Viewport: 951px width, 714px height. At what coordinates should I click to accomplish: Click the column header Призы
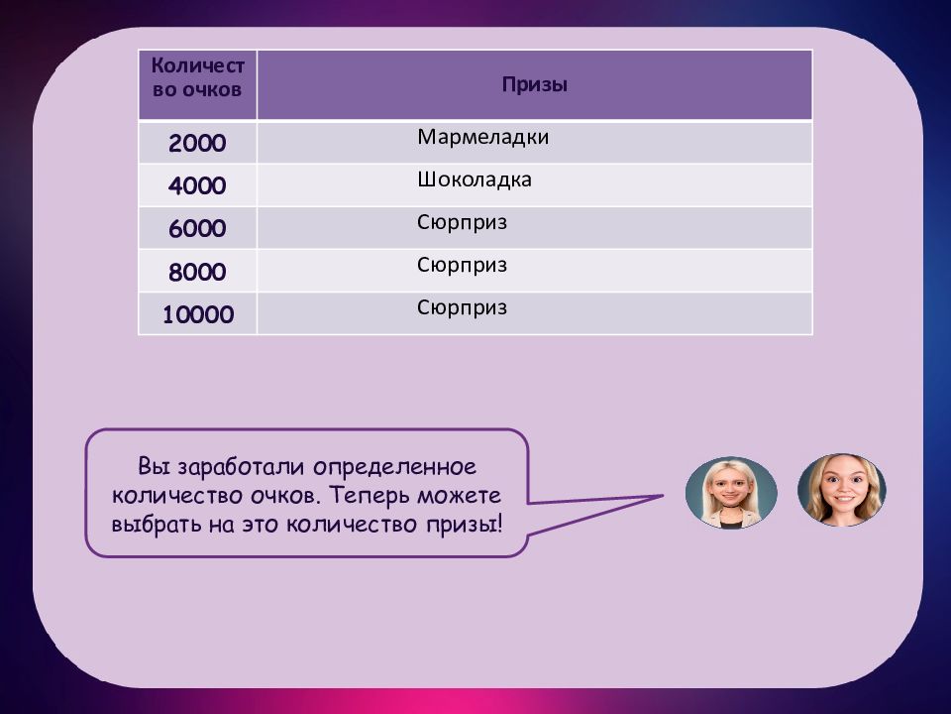534,84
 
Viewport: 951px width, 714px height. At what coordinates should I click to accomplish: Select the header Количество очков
198,77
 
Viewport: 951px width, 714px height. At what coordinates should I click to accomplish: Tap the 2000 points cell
197,143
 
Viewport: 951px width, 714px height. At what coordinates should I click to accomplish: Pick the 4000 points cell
197,185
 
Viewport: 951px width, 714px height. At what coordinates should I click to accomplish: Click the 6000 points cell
197,229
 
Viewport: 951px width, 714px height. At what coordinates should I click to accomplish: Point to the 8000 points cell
197,272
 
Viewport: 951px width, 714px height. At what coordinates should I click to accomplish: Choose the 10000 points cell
198,314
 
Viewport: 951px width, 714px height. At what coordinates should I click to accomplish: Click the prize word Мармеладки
482,137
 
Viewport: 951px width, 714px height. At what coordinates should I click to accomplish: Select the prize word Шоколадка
475,179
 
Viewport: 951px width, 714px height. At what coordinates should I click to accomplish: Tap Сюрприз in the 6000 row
462,223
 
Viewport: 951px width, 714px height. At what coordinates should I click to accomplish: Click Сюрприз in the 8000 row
462,266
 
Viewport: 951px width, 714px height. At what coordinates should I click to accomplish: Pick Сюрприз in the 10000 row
462,307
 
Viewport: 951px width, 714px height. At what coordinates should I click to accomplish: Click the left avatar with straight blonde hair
731,493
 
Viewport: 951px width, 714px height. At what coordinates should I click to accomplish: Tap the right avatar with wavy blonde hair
842,489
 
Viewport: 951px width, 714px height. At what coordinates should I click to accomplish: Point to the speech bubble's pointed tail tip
663,496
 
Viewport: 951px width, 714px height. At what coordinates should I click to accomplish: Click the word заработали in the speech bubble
240,467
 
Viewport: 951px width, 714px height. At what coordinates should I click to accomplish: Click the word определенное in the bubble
395,467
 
